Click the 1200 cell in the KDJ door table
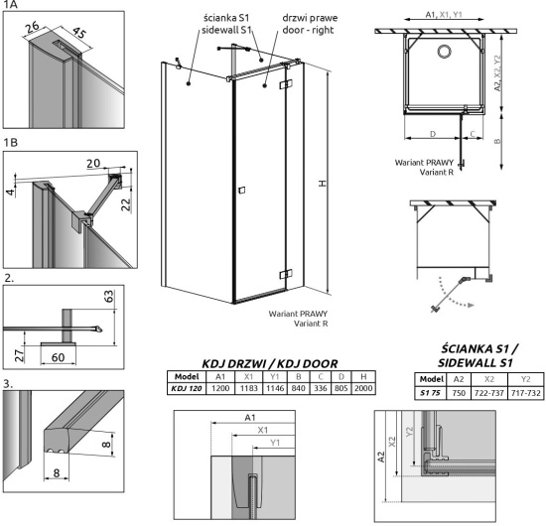pos(220,388)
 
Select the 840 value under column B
pos(299,388)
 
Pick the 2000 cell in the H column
pos(363,388)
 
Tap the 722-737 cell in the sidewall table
pos(489,393)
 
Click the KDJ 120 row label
pos(187,388)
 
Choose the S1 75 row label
pos(431,393)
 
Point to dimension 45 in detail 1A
pos(79,33)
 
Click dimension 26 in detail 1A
pos(33,27)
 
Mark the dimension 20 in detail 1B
pos(93,163)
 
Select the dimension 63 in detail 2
pos(108,296)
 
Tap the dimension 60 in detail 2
pos(58,357)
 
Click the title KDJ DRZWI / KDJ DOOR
pos(270,364)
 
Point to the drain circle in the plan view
pos(445,52)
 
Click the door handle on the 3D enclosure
pos(241,191)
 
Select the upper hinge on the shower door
pos(286,84)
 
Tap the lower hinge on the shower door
pos(286,275)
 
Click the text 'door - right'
pos(308,30)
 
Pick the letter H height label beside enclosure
pos(323,183)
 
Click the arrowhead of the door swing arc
pos(471,306)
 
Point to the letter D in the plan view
pos(433,134)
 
